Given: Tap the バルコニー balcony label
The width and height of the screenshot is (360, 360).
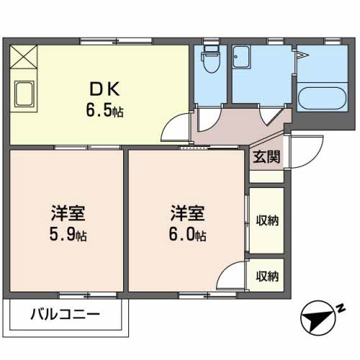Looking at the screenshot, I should tap(65, 315).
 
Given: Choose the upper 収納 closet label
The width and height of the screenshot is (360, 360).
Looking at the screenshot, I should tap(267, 220).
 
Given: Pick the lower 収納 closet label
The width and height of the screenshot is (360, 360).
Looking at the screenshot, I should tap(267, 275).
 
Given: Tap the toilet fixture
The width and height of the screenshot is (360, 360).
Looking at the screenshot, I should tap(210, 57).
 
